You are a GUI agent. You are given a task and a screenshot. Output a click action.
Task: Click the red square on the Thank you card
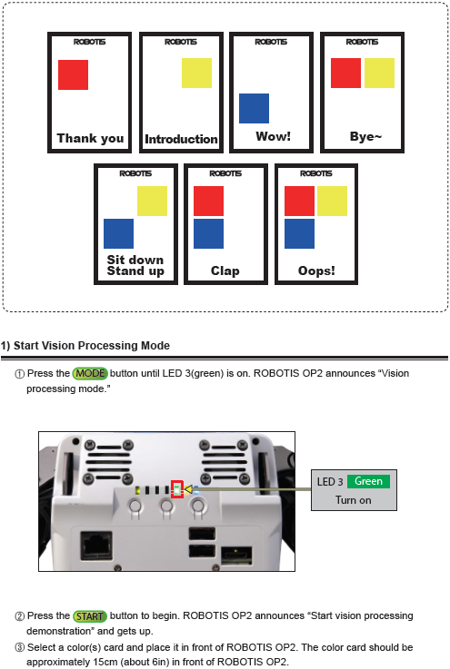point(73,74)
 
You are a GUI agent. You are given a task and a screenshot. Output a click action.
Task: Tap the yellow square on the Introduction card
point(196,73)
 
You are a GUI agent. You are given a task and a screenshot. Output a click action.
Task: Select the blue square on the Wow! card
point(254,108)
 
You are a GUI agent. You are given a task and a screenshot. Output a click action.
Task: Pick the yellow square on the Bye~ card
point(379,73)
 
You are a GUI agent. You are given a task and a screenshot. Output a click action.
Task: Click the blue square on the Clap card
point(208,234)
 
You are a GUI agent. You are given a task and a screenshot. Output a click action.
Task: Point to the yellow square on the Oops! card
point(332,201)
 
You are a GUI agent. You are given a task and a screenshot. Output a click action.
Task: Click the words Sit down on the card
point(135,260)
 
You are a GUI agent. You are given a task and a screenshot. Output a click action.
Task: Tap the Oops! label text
point(316,271)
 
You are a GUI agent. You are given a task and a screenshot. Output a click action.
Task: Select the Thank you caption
point(90,138)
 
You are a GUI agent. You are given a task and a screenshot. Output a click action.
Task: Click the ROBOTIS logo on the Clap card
point(225,173)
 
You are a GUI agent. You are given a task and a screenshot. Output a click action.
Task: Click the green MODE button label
point(90,373)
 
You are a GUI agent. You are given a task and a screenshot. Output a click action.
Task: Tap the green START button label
point(90,616)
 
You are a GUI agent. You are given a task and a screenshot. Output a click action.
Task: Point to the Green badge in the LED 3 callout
point(368,481)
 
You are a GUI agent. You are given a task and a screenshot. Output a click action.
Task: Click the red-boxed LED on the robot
point(177,489)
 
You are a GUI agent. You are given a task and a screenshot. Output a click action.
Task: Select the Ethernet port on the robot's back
point(96,546)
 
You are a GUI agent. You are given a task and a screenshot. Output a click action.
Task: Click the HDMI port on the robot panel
point(236,556)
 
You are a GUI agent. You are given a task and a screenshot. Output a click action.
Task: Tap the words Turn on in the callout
point(353,500)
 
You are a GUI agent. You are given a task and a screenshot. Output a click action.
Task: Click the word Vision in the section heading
point(56,346)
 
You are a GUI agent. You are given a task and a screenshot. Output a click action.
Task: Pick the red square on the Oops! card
point(300,201)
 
